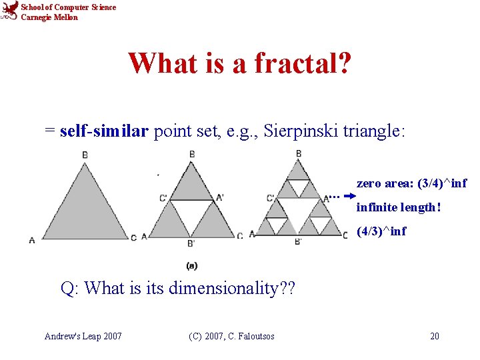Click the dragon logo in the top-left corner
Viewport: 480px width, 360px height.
coord(9,11)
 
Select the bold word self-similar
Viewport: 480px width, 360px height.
coord(104,131)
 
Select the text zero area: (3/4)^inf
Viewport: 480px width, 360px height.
coord(411,183)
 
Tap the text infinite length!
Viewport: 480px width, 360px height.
coord(399,207)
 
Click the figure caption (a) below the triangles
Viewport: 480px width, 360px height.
coord(191,266)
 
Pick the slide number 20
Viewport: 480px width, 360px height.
coord(434,336)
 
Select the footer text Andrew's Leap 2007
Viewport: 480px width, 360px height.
coord(83,336)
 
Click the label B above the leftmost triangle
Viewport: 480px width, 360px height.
coord(85,155)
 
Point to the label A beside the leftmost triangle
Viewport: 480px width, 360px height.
coord(31,239)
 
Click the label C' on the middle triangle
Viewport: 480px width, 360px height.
coord(163,198)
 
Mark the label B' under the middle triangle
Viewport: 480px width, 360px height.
coord(190,243)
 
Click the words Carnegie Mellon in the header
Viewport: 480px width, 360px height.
coord(49,17)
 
